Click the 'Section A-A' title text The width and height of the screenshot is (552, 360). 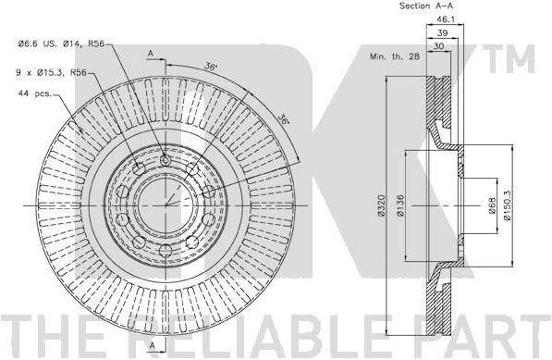(426, 6)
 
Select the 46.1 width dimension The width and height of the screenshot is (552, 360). (446, 19)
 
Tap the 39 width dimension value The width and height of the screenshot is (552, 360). (442, 32)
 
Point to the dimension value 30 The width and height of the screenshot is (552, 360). (438, 46)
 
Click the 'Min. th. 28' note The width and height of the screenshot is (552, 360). (395, 56)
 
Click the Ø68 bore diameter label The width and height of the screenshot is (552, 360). (492, 205)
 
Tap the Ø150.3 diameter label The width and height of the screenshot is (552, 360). (507, 205)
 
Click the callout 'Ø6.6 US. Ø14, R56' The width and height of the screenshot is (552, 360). (61, 44)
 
